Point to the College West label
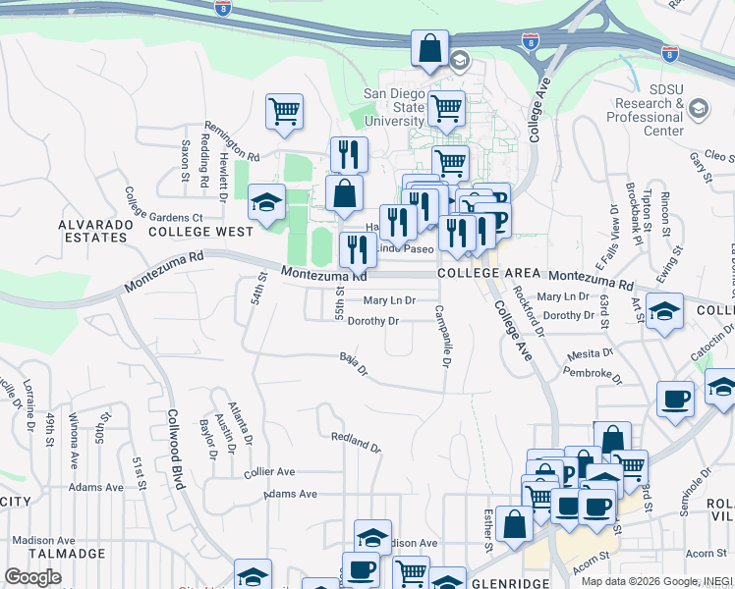(x=200, y=233)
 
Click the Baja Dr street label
(x=353, y=364)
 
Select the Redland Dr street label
(x=356, y=442)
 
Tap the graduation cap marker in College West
(x=266, y=201)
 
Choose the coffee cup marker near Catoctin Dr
(x=675, y=399)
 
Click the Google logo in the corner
(x=32, y=577)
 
